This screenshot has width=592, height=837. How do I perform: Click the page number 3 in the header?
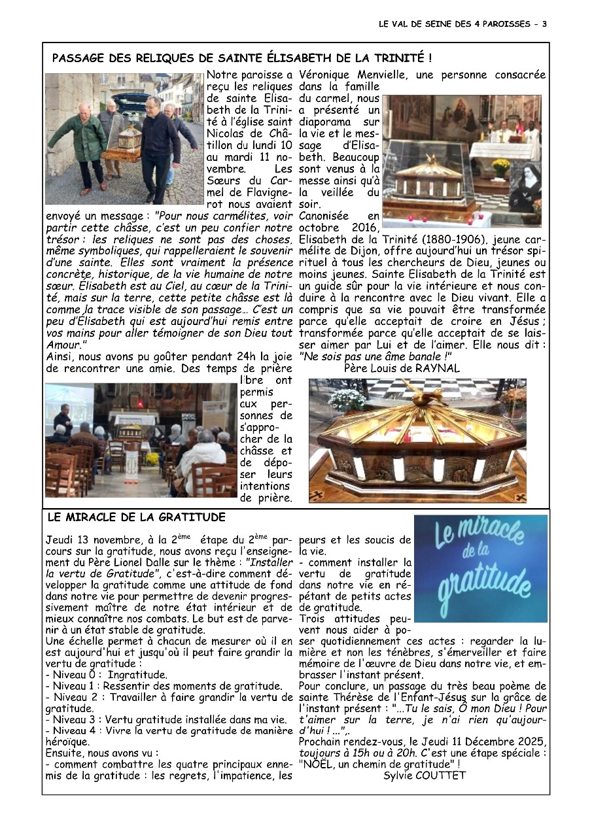pyautogui.click(x=544, y=24)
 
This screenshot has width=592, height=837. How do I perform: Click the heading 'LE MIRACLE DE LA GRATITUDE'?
pyautogui.click(x=136, y=517)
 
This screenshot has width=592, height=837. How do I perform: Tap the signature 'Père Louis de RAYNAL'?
pyautogui.click(x=402, y=367)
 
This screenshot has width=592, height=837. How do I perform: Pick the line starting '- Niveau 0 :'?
pyautogui.click(x=107, y=674)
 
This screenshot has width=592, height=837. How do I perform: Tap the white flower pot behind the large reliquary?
pyautogui.click(x=347, y=400)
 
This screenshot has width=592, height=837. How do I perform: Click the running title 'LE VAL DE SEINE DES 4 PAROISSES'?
pyautogui.click(x=454, y=24)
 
